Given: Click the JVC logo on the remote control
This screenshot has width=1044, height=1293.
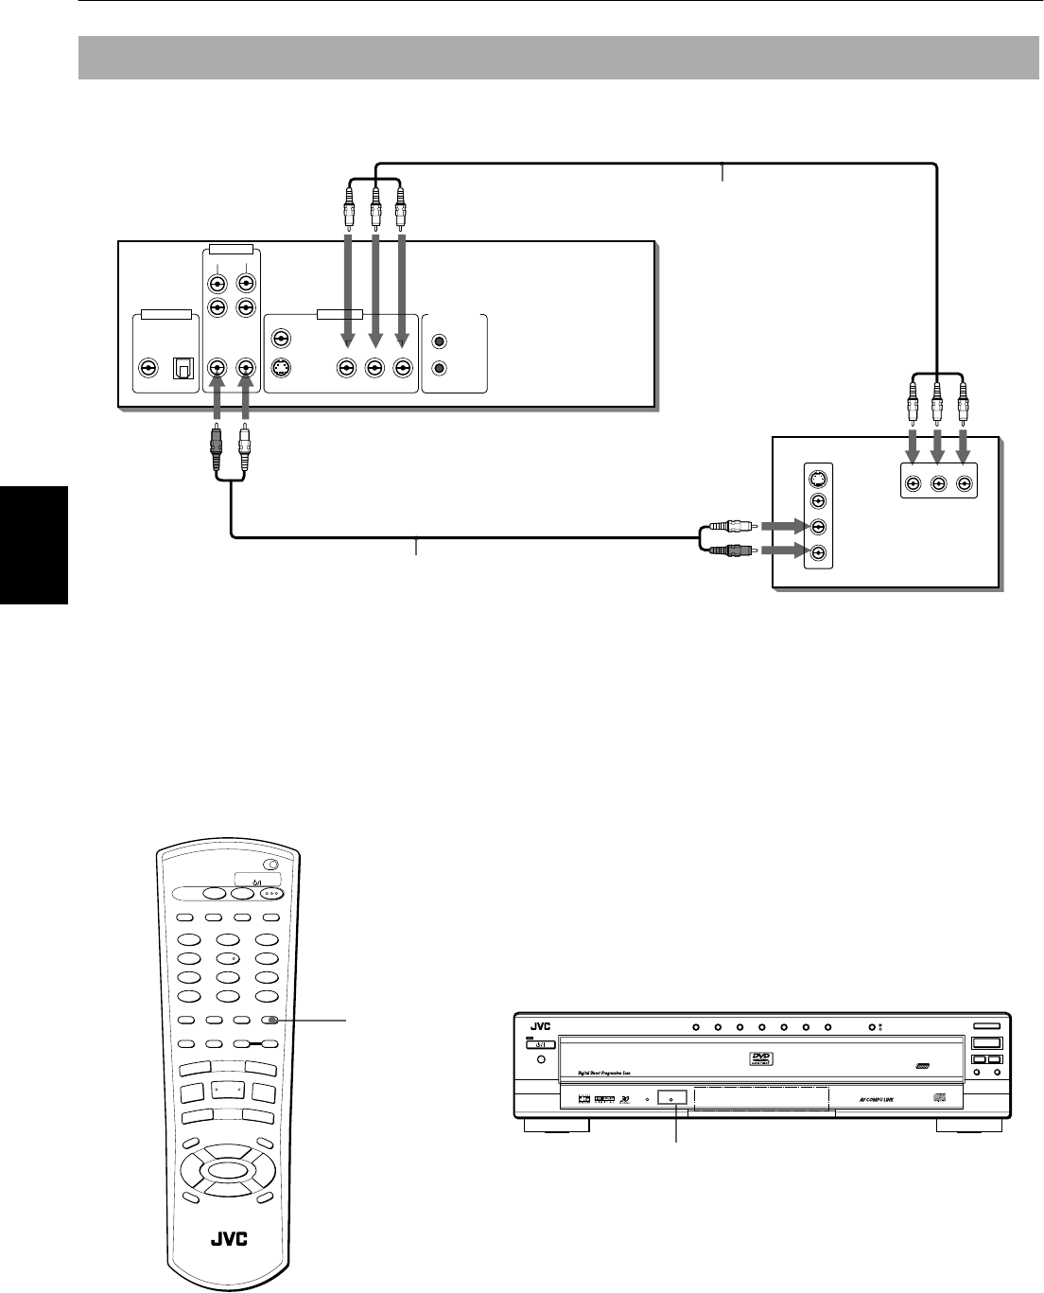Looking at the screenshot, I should [x=227, y=1239].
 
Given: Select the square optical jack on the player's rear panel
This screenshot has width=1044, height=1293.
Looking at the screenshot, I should [x=179, y=368].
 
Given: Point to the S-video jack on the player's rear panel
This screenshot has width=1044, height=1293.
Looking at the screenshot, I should [x=281, y=368].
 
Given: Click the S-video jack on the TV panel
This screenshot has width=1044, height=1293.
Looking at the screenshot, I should [x=819, y=478].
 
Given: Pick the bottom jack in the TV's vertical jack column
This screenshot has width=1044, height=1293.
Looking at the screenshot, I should [x=819, y=553].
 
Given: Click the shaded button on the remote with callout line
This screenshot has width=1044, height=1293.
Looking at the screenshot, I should [x=273, y=1021].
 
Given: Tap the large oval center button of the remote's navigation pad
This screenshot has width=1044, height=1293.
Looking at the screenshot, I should [x=228, y=1170].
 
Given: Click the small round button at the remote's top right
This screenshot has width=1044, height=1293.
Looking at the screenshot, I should [x=272, y=864].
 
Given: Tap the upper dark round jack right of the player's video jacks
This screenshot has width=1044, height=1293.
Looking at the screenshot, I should [x=439, y=341].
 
